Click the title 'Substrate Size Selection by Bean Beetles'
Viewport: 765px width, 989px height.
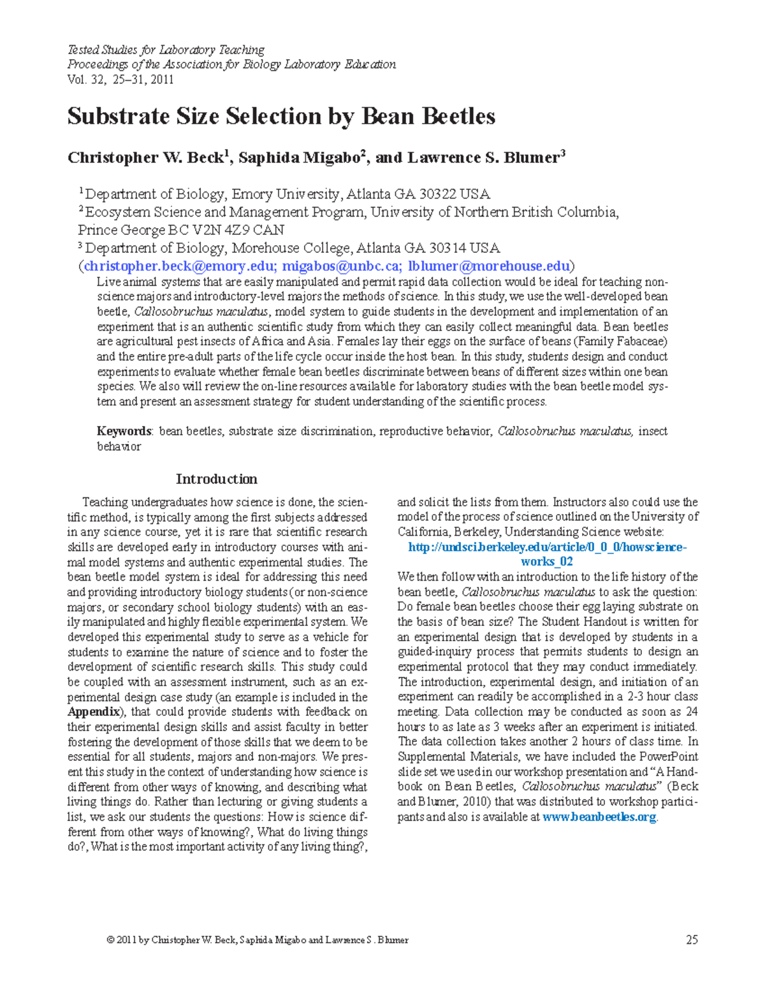(281, 117)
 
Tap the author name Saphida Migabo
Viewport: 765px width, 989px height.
(299, 158)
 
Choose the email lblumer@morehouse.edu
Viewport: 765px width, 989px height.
(489, 266)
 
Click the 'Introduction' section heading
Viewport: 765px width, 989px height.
(217, 479)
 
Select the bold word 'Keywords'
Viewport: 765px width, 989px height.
(124, 431)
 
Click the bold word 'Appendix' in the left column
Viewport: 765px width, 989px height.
(93, 712)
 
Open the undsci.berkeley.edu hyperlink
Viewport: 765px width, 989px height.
(547, 547)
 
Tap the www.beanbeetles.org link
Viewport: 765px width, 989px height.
(599, 817)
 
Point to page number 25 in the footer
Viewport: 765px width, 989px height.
(692, 940)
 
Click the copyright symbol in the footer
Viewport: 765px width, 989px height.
(111, 940)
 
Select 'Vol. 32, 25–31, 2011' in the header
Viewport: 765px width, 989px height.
(120, 80)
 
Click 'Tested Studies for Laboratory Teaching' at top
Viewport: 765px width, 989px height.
(166, 50)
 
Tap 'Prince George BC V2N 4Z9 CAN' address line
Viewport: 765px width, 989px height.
(181, 230)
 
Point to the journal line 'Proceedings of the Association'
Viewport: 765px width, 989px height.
(231, 64)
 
